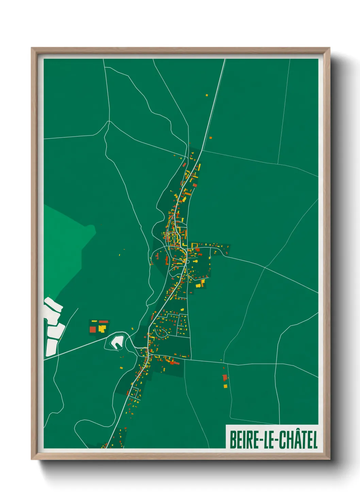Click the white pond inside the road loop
117,341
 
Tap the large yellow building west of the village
102,328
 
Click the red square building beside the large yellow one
93,329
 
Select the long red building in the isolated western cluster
103,321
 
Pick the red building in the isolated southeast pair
225,378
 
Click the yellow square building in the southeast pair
225,386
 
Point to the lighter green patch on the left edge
65,245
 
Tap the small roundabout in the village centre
188,262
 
